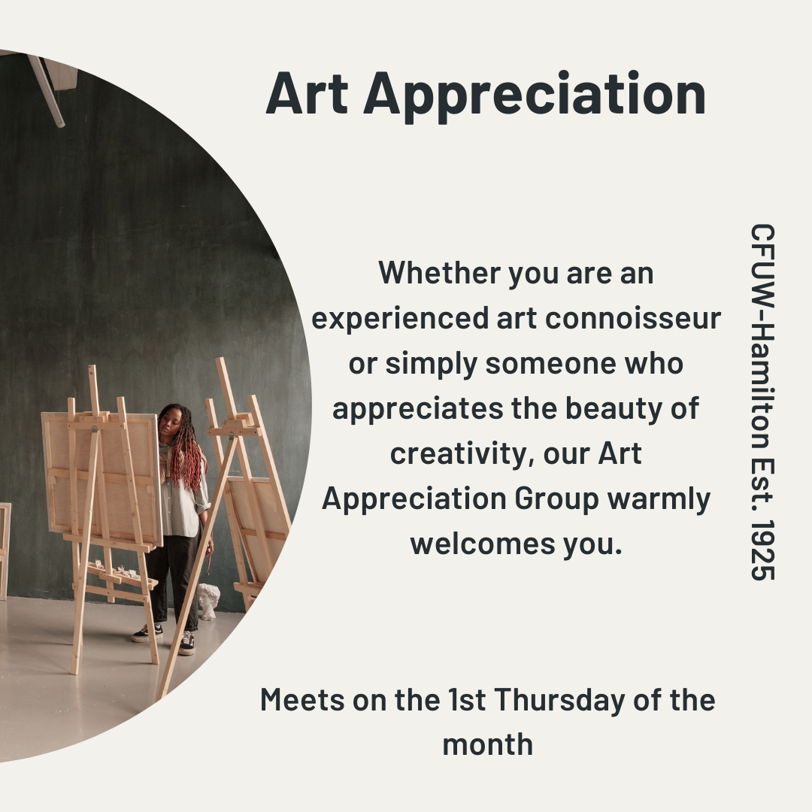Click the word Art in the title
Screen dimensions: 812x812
pyautogui.click(x=307, y=93)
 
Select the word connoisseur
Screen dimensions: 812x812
pyautogui.click(x=633, y=318)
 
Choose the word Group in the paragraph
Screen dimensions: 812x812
pyautogui.click(x=556, y=500)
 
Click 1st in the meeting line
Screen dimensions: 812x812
pyautogui.click(x=467, y=700)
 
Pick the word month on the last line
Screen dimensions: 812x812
pyautogui.click(x=488, y=745)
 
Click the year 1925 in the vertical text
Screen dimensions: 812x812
pyautogui.click(x=762, y=550)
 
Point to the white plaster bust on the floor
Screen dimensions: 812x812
pyautogui.click(x=208, y=601)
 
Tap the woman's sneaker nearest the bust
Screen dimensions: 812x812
pyautogui.click(x=186, y=643)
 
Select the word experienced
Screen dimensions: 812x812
pyautogui.click(x=400, y=319)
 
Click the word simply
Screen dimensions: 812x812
pyautogui.click(x=432, y=365)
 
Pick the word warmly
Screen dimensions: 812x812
pyautogui.click(x=659, y=500)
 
